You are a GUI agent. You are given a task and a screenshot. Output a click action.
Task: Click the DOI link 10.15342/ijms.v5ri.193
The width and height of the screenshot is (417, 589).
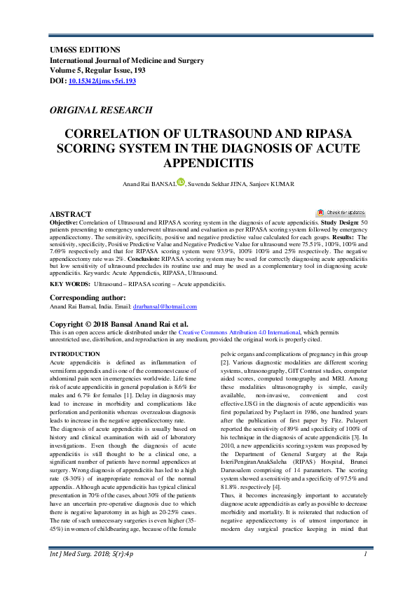click(x=102, y=81)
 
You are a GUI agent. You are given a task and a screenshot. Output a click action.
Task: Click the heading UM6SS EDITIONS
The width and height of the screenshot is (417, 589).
click(x=85, y=50)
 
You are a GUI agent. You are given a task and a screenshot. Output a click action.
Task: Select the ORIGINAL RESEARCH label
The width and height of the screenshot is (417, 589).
click(x=100, y=110)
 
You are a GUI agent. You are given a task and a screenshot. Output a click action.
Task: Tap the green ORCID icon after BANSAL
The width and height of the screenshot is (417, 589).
click(x=181, y=182)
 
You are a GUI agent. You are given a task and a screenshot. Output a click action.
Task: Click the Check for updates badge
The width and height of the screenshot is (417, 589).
click(x=341, y=212)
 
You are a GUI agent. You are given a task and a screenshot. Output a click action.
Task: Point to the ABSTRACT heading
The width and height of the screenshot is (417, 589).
click(x=70, y=213)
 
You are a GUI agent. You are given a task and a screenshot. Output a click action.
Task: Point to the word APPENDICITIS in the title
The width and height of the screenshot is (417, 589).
click(x=207, y=163)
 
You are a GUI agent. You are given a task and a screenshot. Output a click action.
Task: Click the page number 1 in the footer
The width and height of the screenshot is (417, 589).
click(x=365, y=574)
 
